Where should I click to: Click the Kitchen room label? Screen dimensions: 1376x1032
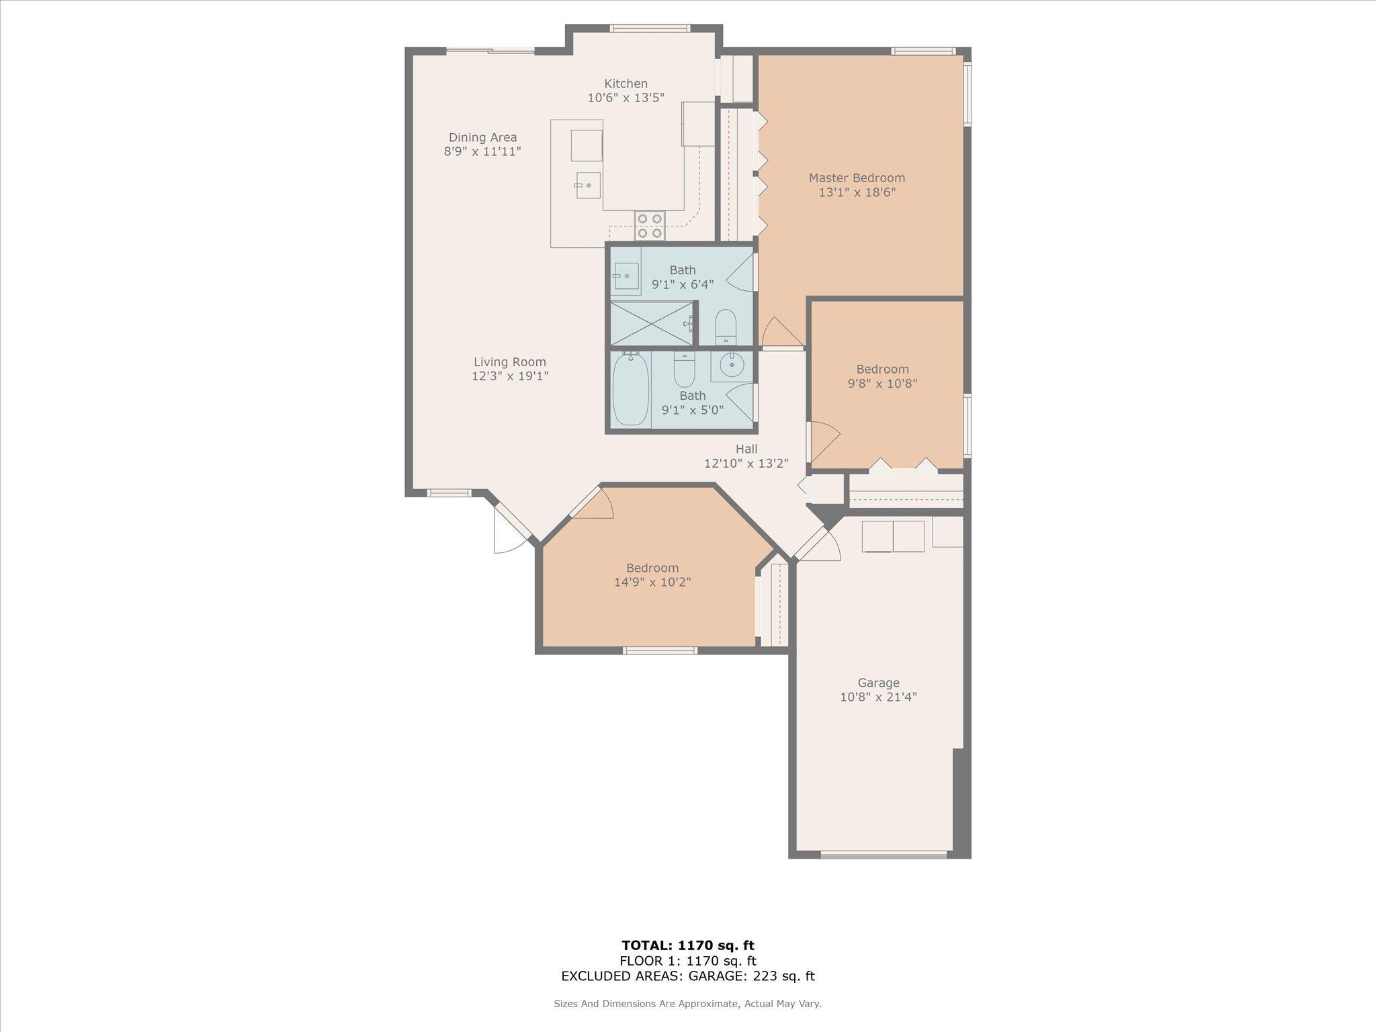[x=626, y=84]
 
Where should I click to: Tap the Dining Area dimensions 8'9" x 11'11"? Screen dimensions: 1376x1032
[x=482, y=152]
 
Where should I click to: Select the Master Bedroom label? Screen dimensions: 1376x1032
[x=857, y=178]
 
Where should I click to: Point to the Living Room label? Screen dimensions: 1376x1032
[x=510, y=362]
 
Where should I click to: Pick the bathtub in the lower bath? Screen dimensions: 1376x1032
[x=631, y=390]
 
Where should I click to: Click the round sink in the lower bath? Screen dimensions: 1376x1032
[x=731, y=365]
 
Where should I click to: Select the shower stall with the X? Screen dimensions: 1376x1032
[x=651, y=324]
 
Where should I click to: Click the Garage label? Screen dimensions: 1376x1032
[x=878, y=683]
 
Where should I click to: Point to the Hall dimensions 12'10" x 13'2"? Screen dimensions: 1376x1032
[x=746, y=464]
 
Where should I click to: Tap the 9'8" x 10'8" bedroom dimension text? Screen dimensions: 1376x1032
[x=882, y=384]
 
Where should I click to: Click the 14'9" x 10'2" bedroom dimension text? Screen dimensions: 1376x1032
[x=652, y=582]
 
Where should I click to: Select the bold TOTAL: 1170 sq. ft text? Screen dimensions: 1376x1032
[x=688, y=946]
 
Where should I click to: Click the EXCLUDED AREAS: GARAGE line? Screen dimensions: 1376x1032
[x=688, y=976]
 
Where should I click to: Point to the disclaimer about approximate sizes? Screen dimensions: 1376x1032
[x=687, y=1004]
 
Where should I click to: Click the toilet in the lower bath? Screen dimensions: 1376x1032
[x=684, y=365]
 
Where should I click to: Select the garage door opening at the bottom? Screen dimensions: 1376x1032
[x=884, y=855]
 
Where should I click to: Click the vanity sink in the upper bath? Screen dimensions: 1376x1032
[x=626, y=275]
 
